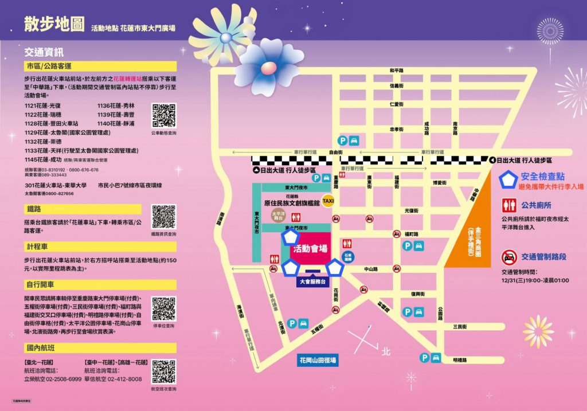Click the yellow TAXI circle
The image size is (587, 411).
tap(328, 201)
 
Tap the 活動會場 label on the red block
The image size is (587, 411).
tap(310, 249)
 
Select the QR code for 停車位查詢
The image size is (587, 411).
tap(163, 309)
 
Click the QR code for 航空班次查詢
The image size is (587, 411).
tap(163, 371)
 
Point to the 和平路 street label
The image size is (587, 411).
tap(397, 70)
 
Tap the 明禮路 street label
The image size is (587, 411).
tap(459, 360)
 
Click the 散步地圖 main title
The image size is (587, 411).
tap(54, 24)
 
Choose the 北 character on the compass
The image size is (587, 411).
tap(385, 350)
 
